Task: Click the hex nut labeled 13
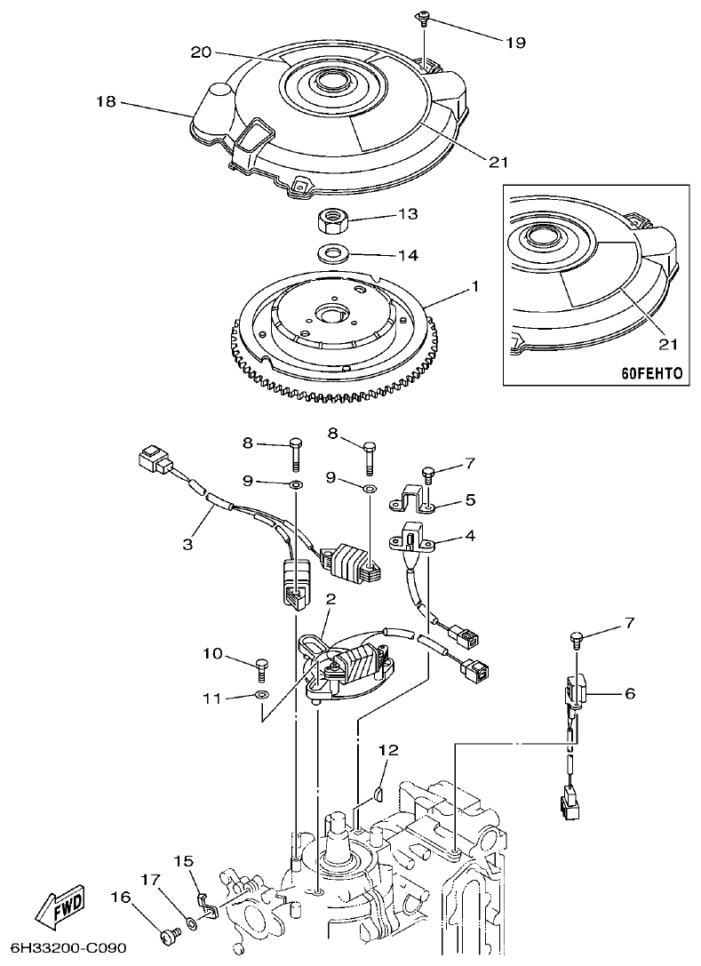pos(332,217)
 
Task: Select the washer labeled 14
pos(332,252)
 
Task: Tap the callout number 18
pos(106,102)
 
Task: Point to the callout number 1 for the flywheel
pos(475,286)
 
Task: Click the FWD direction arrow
pos(60,904)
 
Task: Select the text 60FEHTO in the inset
pos(651,373)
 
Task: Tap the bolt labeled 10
pos(261,665)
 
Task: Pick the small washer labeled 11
pos(261,694)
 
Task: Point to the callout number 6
pos(629,693)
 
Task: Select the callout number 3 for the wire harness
pos(187,543)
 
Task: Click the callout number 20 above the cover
pos(202,52)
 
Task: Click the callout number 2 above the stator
pos(330,600)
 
